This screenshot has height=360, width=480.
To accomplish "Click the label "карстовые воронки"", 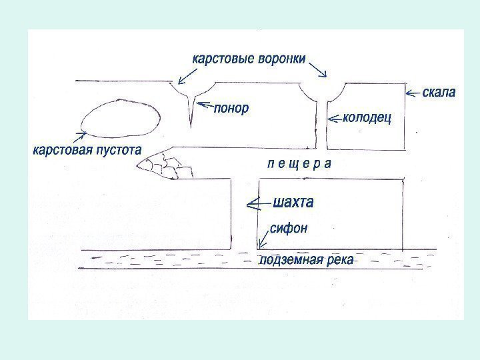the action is (x=249, y=59).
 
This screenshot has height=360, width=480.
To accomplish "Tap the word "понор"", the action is (x=231, y=108).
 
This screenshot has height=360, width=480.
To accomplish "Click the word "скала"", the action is (x=439, y=92).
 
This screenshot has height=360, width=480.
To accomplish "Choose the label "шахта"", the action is (x=293, y=201).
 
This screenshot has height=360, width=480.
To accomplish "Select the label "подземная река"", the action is (x=306, y=259).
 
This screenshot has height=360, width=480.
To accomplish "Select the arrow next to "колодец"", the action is (x=334, y=119).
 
